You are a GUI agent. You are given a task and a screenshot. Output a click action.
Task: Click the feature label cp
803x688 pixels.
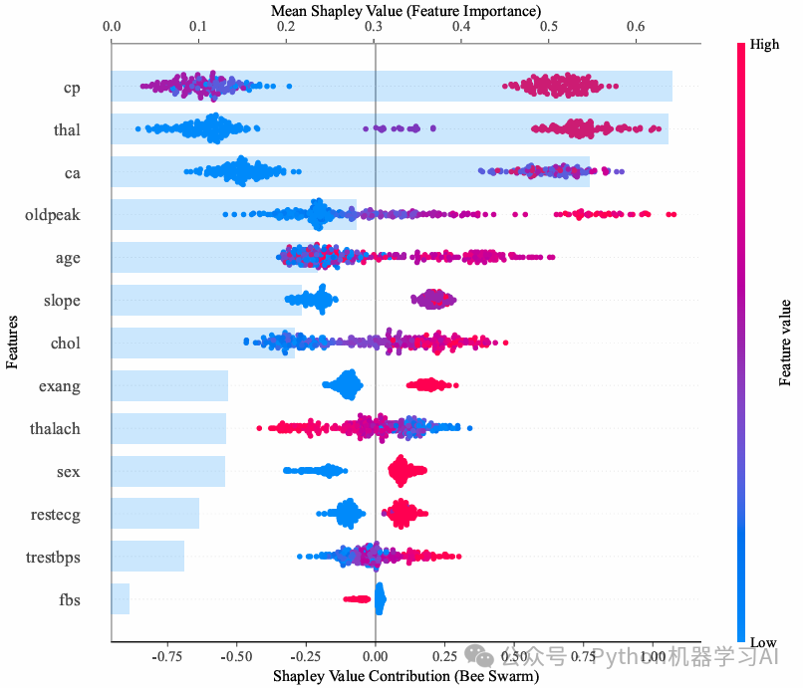pyautogui.click(x=71, y=88)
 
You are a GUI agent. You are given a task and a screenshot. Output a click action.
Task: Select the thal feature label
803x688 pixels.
pyautogui.click(x=67, y=129)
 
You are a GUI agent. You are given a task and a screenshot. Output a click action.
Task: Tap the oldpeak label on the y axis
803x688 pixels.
pyautogui.click(x=53, y=215)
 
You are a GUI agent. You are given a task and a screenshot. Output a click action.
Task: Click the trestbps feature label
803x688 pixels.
pyautogui.click(x=53, y=558)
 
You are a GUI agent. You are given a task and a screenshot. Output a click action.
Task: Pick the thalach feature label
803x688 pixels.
pyautogui.click(x=55, y=429)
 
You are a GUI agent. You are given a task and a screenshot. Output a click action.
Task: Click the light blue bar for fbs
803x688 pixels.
pyautogui.click(x=121, y=598)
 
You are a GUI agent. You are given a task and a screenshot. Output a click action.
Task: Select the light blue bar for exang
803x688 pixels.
pyautogui.click(x=169, y=385)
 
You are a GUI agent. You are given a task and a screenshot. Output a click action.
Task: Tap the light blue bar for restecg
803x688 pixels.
pyautogui.click(x=155, y=514)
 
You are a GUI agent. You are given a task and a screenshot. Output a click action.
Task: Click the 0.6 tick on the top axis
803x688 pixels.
pyautogui.click(x=636, y=27)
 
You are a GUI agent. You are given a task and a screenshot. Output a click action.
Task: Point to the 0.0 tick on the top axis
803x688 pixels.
pyautogui.click(x=112, y=27)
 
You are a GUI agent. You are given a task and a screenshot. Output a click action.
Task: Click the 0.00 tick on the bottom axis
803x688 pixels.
pyautogui.click(x=375, y=657)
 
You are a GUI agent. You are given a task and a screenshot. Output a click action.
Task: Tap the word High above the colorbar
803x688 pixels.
pyautogui.click(x=765, y=45)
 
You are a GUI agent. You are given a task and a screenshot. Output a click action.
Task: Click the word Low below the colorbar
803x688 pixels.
pyautogui.click(x=764, y=643)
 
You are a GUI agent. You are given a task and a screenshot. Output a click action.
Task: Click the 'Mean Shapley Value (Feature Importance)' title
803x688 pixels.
pyautogui.click(x=406, y=10)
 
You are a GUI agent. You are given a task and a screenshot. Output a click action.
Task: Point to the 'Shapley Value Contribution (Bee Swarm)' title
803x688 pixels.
pyautogui.click(x=405, y=676)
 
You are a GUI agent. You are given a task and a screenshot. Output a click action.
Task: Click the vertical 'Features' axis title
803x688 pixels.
pyautogui.click(x=12, y=342)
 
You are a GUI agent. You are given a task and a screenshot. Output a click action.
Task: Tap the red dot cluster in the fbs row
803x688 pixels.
pyautogui.click(x=357, y=599)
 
